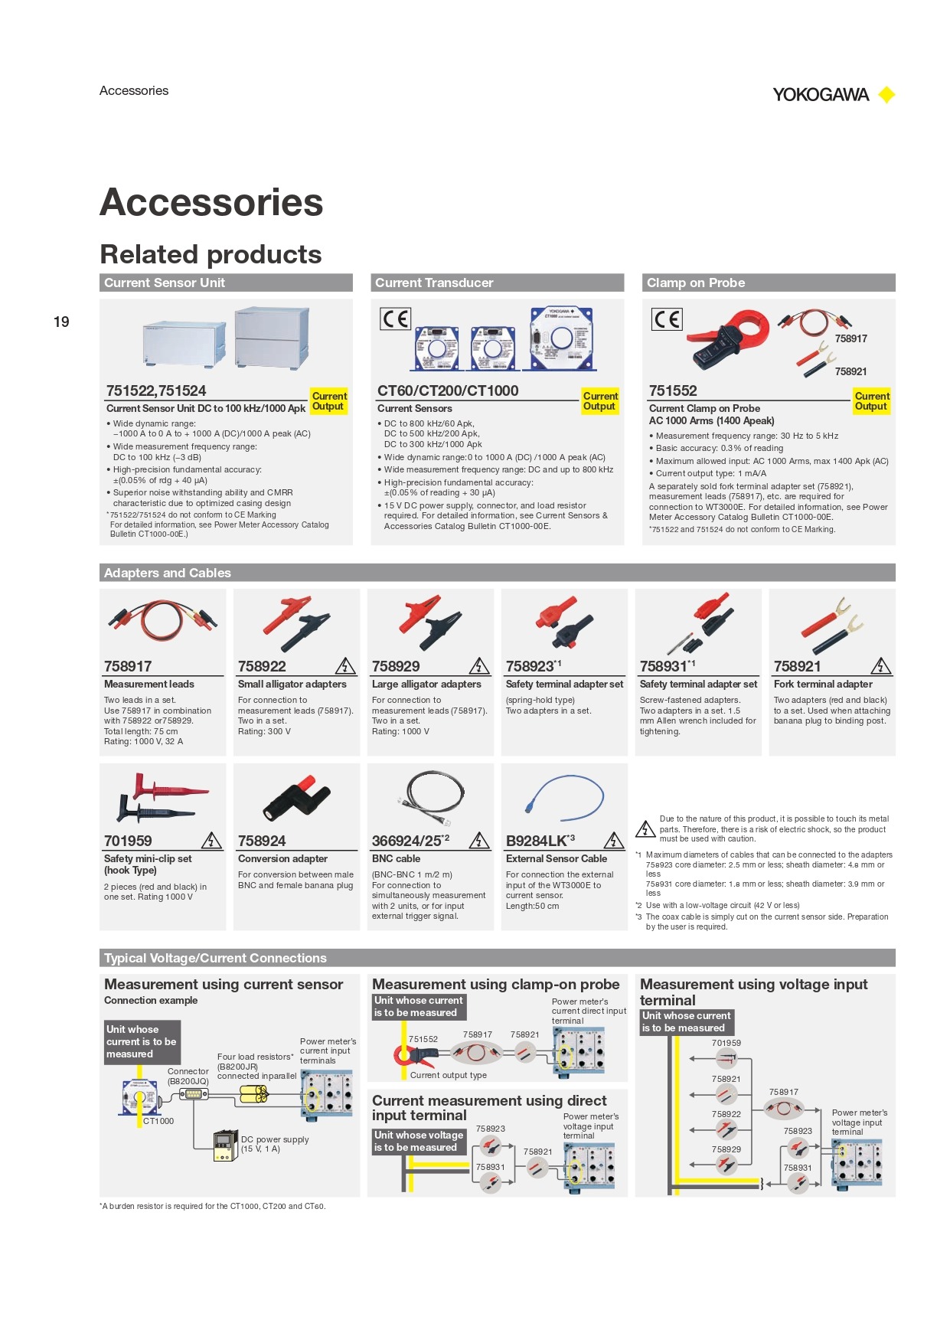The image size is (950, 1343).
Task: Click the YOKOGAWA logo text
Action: point(820,95)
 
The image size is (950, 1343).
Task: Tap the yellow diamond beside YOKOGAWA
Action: point(886,95)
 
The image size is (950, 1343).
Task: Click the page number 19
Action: point(61,322)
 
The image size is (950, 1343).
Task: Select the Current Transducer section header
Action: point(497,283)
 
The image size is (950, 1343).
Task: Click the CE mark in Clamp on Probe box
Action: point(666,319)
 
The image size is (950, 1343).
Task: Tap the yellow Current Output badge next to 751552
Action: point(871,401)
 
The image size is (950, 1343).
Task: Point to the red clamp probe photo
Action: point(727,337)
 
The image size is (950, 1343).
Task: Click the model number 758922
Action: point(262,666)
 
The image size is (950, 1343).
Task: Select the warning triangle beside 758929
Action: point(479,666)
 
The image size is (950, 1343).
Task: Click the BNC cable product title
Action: point(396,858)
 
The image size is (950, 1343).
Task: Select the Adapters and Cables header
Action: point(497,573)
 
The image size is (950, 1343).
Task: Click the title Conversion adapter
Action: point(282,858)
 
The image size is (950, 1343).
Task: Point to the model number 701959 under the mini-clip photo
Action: point(128,841)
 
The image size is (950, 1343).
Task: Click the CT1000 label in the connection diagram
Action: point(158,1121)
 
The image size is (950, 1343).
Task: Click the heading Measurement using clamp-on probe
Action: point(495,984)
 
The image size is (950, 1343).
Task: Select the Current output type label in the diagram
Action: point(448,1075)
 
